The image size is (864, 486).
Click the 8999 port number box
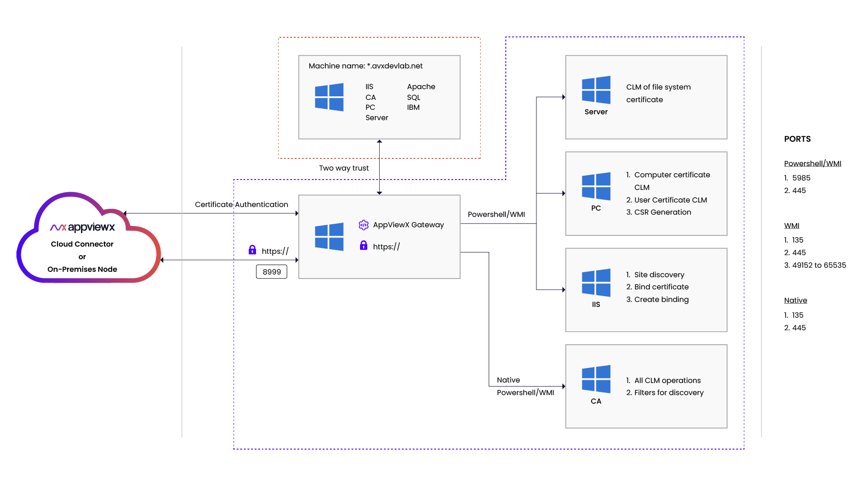coord(271,272)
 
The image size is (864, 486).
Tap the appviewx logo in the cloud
coord(82,227)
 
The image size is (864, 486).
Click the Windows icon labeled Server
coord(596,90)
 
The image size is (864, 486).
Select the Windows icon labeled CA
coord(596,379)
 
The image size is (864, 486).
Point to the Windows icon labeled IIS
coord(596,283)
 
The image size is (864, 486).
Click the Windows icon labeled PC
coord(596,186)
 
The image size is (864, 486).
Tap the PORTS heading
coord(797,139)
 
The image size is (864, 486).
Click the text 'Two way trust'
coord(344,168)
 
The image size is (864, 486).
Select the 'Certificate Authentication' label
coord(241,204)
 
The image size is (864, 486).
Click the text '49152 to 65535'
coord(819,265)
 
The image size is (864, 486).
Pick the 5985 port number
coord(801,178)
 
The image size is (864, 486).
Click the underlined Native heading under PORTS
coord(795,300)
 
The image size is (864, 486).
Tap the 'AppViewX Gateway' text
coord(408,225)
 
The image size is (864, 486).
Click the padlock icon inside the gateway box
coord(364,245)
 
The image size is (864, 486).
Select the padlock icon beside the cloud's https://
coord(252,250)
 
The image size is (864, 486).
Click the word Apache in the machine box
coord(421,86)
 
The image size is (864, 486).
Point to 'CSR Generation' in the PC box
coord(662,212)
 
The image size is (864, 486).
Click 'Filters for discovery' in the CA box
coord(669,392)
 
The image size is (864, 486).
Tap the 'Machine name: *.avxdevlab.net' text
coord(365,66)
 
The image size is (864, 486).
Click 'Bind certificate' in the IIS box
coord(661,287)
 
